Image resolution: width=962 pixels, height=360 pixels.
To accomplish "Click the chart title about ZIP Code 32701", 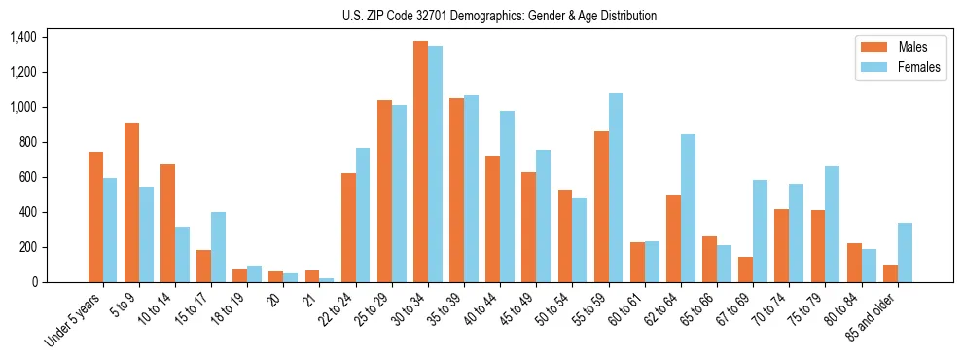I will [x=499, y=16].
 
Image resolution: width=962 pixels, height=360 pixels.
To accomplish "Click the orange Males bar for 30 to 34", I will [x=420, y=162].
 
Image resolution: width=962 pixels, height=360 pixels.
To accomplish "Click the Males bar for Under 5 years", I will [x=95, y=217].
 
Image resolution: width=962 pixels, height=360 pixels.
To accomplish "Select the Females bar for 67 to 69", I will [x=760, y=231].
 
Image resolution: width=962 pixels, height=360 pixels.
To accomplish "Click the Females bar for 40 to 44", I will [x=507, y=197].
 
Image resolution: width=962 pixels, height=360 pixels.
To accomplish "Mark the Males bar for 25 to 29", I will [x=384, y=191].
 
